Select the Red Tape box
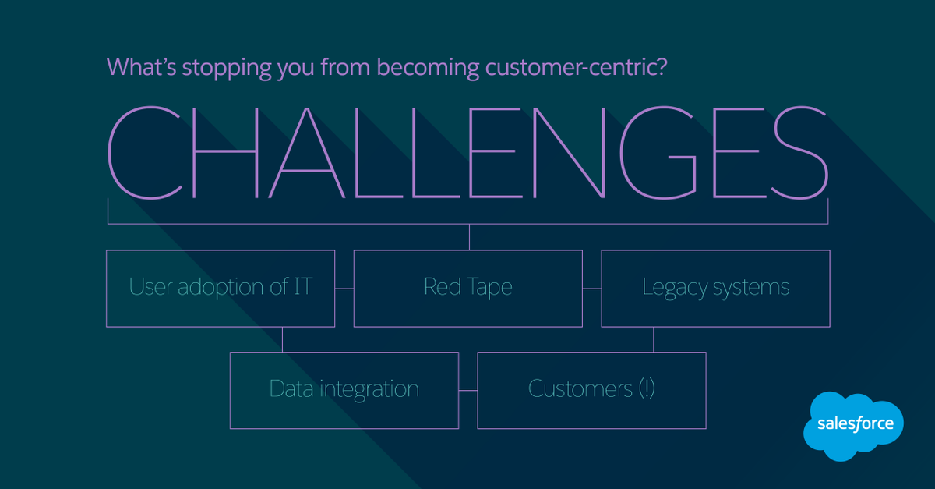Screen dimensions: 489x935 coord(467,288)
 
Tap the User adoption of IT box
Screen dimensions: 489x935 coord(221,288)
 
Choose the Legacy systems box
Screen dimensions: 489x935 coord(715,288)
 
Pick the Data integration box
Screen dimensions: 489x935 coord(344,390)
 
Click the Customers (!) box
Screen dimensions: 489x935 coord(591,390)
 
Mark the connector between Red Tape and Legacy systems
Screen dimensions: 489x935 coord(591,289)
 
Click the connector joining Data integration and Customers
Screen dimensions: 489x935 coord(467,390)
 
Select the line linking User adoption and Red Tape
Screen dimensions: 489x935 coord(344,289)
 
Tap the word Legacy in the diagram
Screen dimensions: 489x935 coord(670,289)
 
